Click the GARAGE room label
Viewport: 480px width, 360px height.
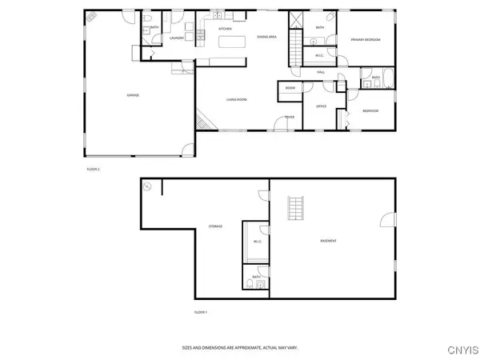pyautogui.click(x=133, y=95)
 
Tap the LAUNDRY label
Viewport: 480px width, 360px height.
pyautogui.click(x=177, y=38)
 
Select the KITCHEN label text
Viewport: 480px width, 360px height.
pyautogui.click(x=225, y=30)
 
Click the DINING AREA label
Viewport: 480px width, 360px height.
pyautogui.click(x=266, y=38)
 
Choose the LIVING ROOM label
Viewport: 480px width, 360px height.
pyautogui.click(x=236, y=99)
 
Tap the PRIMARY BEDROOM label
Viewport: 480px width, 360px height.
pyautogui.click(x=365, y=39)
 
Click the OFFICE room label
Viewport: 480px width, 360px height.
pyautogui.click(x=321, y=106)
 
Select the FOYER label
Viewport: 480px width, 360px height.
pyautogui.click(x=290, y=118)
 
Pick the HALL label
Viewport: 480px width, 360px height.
pyautogui.click(x=320, y=72)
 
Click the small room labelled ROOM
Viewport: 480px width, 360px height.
pyautogui.click(x=290, y=87)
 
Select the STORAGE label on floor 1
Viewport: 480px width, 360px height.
pyautogui.click(x=215, y=226)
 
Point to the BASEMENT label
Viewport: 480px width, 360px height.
pyautogui.click(x=328, y=241)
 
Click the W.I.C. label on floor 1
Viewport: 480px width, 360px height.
pyautogui.click(x=258, y=242)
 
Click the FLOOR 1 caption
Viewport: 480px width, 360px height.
pyautogui.click(x=201, y=311)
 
